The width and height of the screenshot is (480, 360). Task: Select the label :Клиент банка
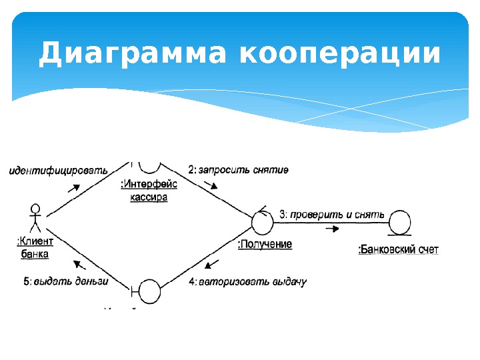35,247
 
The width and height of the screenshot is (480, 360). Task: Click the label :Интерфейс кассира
149,191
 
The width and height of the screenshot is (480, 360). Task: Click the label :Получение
265,245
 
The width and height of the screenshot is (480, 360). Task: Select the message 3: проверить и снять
332,215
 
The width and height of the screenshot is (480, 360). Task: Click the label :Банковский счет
399,249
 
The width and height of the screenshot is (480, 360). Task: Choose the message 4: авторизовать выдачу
247,281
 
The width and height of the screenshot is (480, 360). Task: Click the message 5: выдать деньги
66,281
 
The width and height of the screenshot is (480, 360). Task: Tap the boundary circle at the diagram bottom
148,291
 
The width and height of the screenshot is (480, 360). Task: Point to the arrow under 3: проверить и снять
333,229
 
